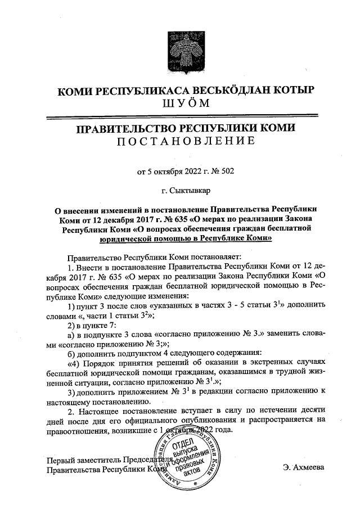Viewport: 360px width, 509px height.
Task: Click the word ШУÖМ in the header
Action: pos(179,104)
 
